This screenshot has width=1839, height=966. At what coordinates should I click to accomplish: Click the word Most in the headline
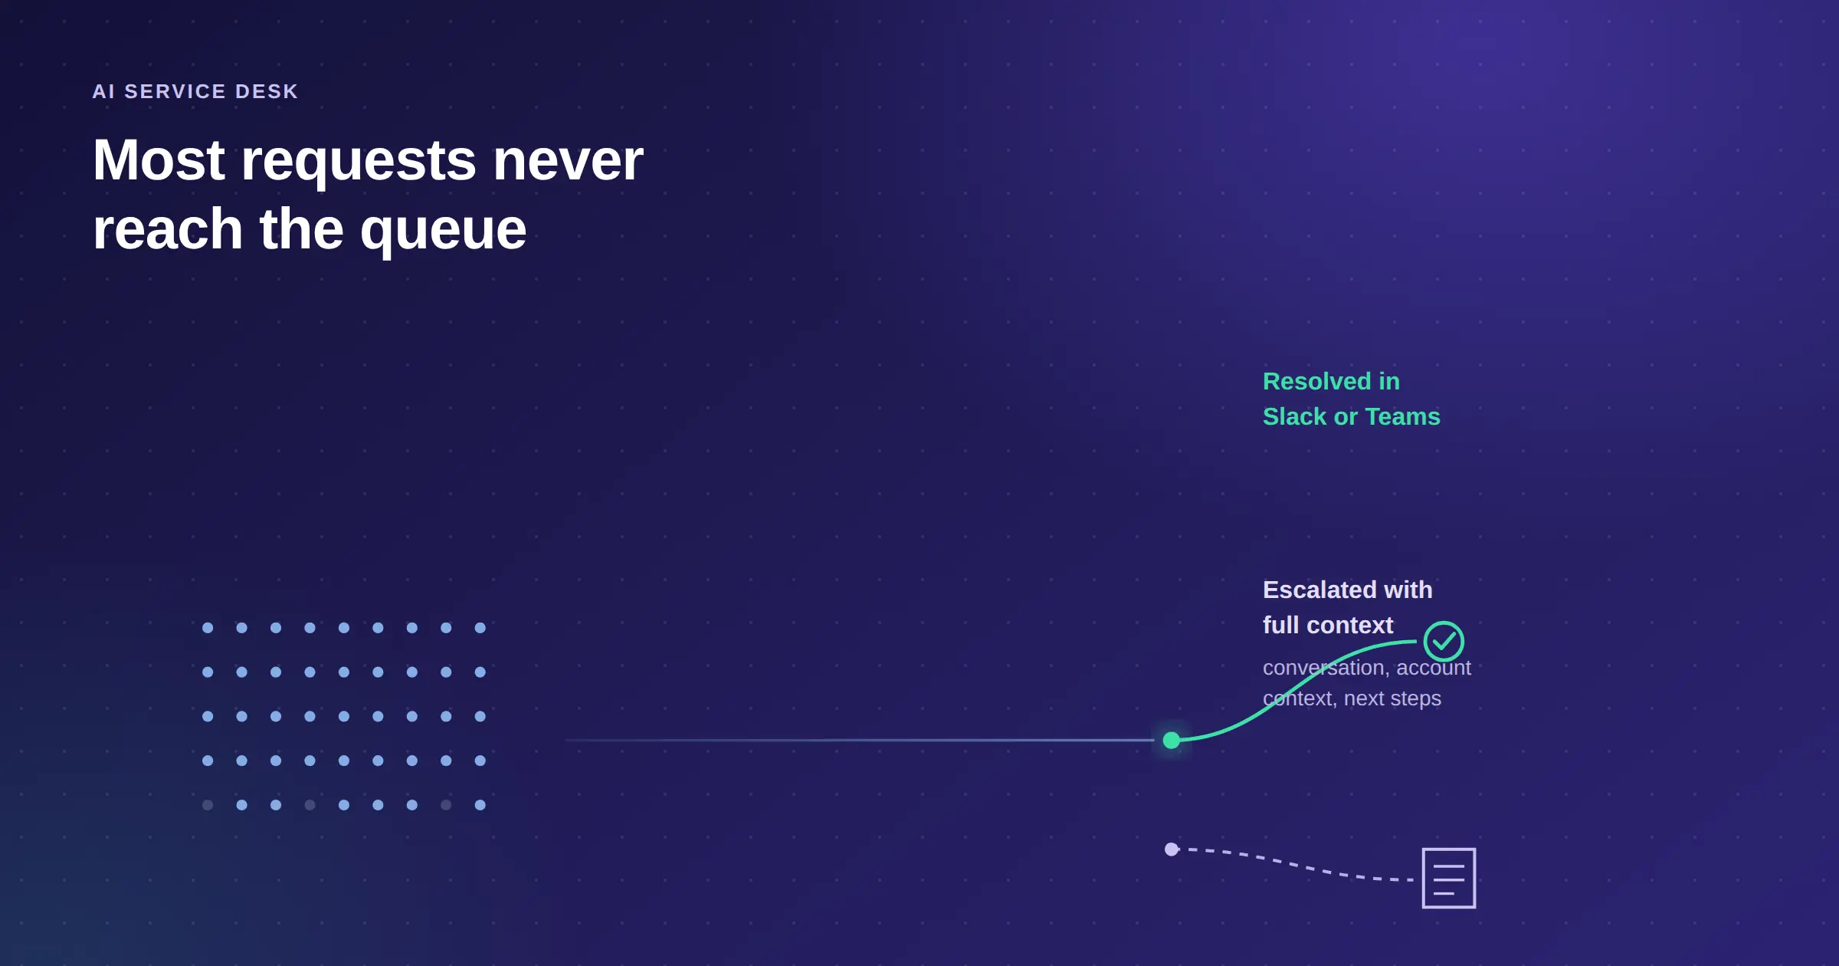159,160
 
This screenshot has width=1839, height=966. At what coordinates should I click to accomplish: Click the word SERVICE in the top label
175,91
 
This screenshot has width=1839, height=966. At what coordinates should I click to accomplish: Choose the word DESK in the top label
267,91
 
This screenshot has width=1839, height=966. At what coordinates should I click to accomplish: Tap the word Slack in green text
1295,416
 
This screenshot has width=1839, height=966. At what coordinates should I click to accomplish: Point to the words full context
1328,625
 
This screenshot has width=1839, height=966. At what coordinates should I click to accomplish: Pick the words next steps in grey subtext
1392,698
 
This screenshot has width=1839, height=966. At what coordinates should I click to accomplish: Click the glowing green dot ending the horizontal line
1171,740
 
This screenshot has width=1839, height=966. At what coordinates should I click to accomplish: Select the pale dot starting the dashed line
1171,849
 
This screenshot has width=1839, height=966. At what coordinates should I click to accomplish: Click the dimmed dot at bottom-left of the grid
208,805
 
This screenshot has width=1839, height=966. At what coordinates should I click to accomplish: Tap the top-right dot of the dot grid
480,628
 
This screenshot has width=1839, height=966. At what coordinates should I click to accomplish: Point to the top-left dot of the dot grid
208,628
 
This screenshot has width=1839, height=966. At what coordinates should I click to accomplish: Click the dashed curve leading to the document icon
1295,865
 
